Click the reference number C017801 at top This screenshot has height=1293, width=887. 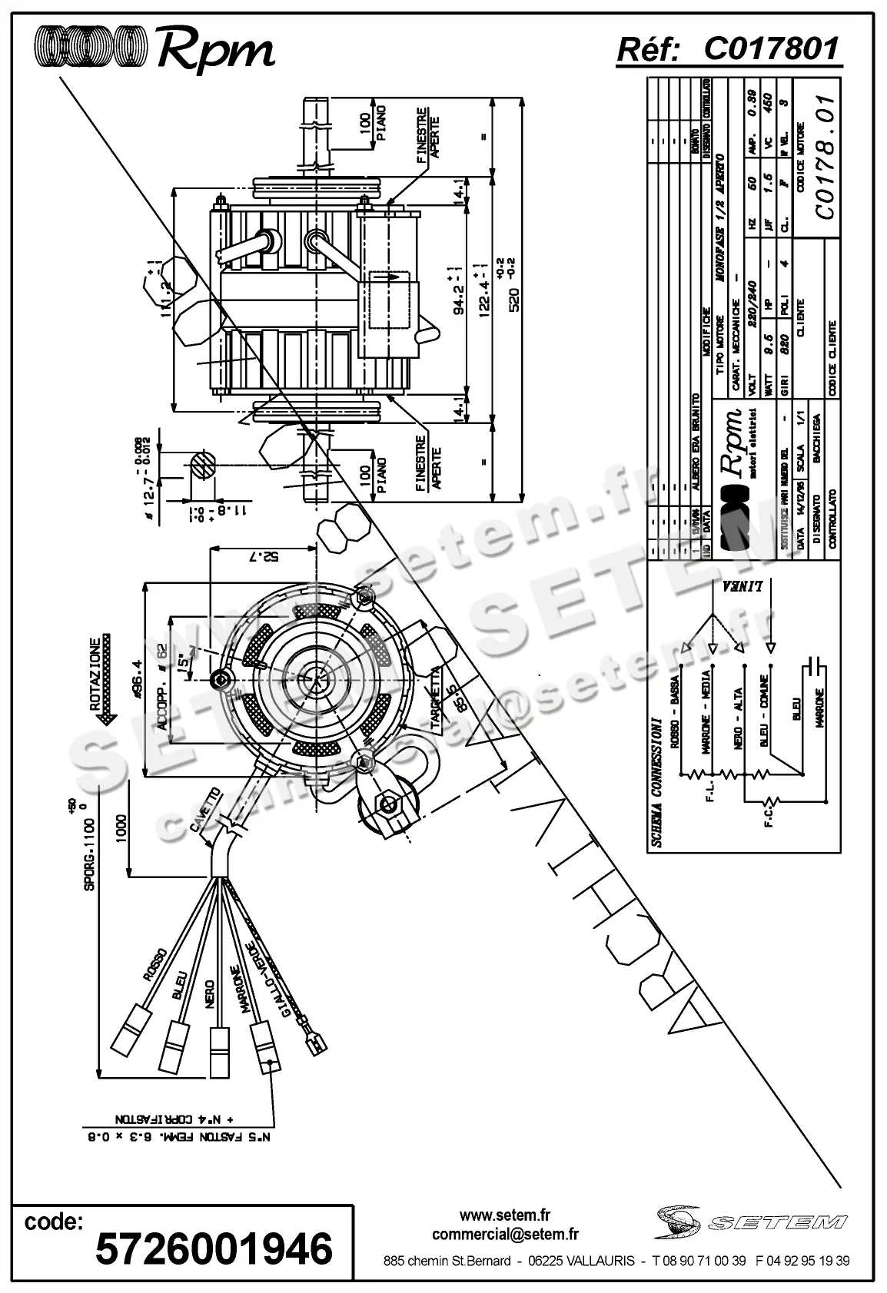(x=771, y=50)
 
